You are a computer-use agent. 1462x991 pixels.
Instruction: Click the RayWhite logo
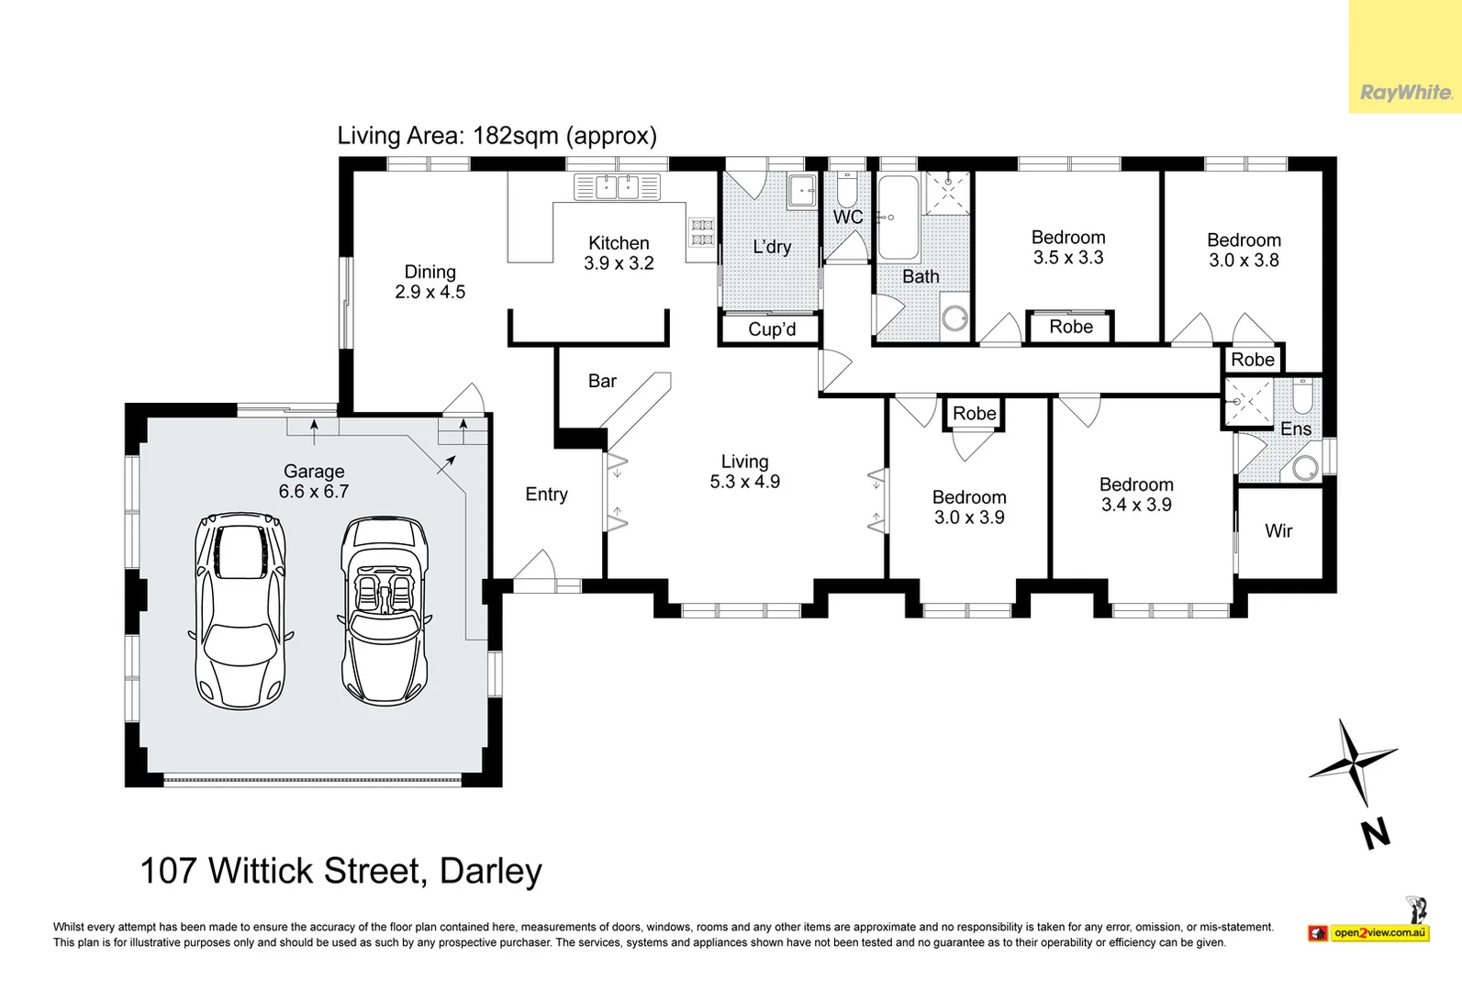pyautogui.click(x=1405, y=93)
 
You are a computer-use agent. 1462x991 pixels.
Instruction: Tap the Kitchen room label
pyautogui.click(x=619, y=243)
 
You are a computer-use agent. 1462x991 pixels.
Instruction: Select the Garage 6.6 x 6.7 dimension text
pyautogui.click(x=314, y=492)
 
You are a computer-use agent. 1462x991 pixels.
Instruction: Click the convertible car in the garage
pyautogui.click(x=384, y=610)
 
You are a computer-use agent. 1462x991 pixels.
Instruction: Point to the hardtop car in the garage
pyautogui.click(x=240, y=610)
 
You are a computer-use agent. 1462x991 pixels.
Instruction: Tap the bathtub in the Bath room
pyautogui.click(x=898, y=218)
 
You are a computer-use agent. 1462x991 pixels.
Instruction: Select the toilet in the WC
pyautogui.click(x=846, y=190)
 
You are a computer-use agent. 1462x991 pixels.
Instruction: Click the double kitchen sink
pyautogui.click(x=617, y=187)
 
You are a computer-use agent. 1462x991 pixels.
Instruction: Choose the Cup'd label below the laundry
pyautogui.click(x=771, y=329)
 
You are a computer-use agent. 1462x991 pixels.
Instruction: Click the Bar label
pyautogui.click(x=602, y=381)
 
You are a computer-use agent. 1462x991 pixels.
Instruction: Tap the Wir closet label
pyautogui.click(x=1278, y=531)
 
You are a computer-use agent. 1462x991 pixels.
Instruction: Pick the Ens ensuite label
pyautogui.click(x=1295, y=429)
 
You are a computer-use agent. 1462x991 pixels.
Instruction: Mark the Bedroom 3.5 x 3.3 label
pyautogui.click(x=1068, y=248)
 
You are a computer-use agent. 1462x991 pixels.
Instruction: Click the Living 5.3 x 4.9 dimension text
pyautogui.click(x=744, y=482)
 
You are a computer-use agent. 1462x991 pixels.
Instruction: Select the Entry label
pyautogui.click(x=546, y=495)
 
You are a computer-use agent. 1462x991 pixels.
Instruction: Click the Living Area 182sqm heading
pyautogui.click(x=497, y=136)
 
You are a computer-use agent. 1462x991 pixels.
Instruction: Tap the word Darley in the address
pyautogui.click(x=491, y=871)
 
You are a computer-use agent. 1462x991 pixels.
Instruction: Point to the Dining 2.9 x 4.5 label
pyautogui.click(x=430, y=282)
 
